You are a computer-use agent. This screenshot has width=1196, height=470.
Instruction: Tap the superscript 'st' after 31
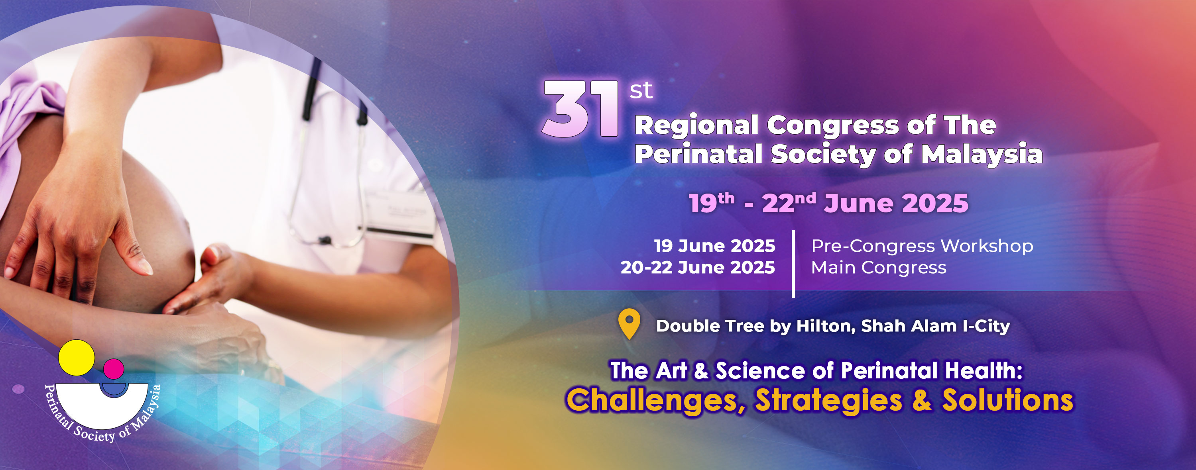[641, 90]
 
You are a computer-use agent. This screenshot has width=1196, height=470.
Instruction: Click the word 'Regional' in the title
[697, 126]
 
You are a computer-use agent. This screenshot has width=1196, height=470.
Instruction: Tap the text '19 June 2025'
[714, 245]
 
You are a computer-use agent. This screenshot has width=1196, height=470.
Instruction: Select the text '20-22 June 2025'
[698, 267]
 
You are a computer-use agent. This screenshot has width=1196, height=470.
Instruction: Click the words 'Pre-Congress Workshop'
[922, 246]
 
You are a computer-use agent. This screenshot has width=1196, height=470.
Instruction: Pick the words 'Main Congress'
[878, 268]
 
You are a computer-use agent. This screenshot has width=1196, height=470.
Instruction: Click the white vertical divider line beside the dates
[793, 264]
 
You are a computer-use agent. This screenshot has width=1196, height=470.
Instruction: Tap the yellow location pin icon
[629, 324]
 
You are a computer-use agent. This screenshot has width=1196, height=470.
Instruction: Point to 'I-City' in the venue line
[986, 326]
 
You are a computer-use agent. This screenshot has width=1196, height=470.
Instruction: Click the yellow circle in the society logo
[77, 358]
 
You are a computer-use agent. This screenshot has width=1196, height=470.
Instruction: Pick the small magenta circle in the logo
[113, 369]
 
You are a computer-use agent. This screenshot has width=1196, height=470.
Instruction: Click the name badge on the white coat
[400, 214]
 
